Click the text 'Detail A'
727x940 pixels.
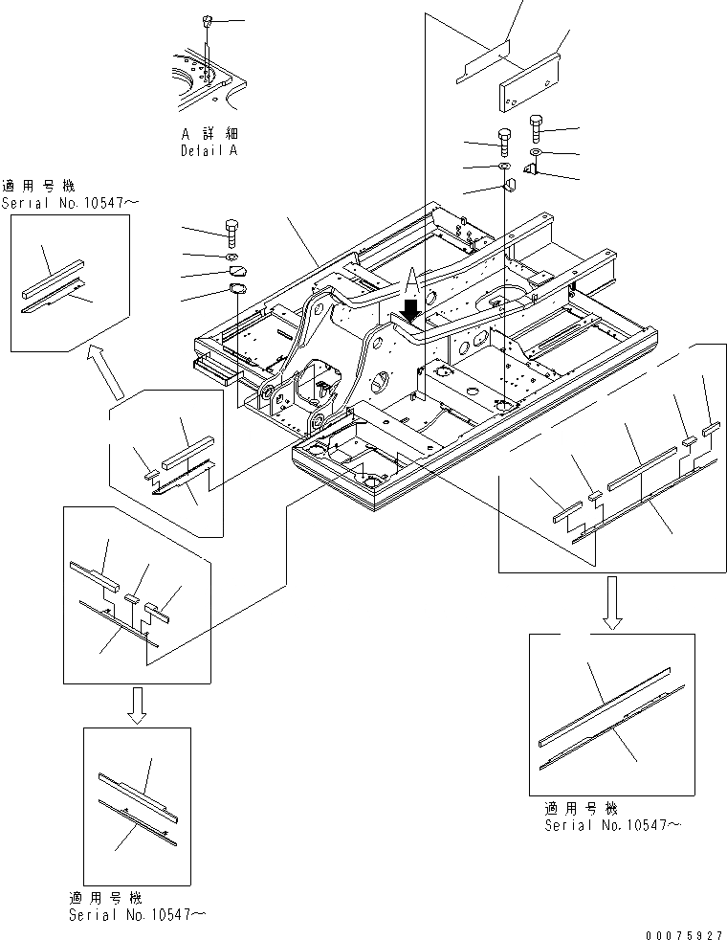click(209, 151)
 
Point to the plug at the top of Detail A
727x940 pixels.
click(207, 20)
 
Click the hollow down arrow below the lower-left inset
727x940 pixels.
click(137, 705)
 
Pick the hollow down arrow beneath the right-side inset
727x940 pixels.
click(611, 606)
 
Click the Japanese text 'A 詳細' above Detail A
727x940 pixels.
click(209, 134)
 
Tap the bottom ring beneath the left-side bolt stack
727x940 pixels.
click(235, 290)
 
